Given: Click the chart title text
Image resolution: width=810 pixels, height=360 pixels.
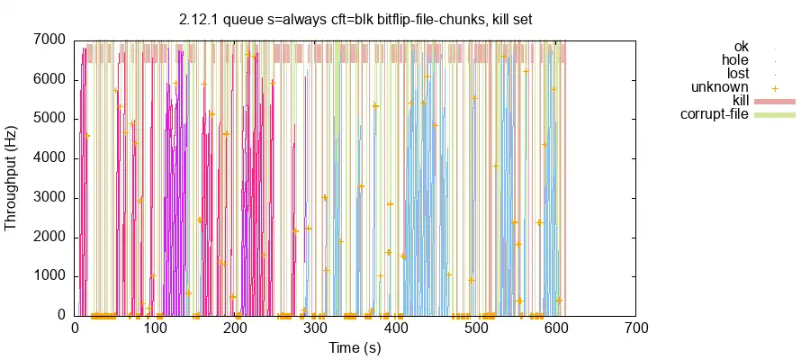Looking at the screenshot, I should click(x=355, y=20).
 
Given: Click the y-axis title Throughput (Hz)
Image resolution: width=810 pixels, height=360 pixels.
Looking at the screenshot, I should click(x=12, y=177).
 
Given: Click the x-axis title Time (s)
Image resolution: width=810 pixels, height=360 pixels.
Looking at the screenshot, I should click(x=355, y=347).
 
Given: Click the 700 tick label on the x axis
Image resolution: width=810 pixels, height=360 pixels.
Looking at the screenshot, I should click(x=636, y=328).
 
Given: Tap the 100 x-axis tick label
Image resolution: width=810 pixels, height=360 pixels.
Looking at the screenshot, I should click(x=155, y=328).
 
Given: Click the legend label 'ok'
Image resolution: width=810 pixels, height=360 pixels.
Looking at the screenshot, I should click(x=741, y=47).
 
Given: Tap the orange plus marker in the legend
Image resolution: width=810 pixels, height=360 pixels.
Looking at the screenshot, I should click(x=774, y=87).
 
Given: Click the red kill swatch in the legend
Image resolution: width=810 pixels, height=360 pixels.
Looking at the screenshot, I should click(x=774, y=101).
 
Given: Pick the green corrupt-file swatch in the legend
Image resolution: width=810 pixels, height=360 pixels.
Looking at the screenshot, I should click(x=774, y=114).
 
